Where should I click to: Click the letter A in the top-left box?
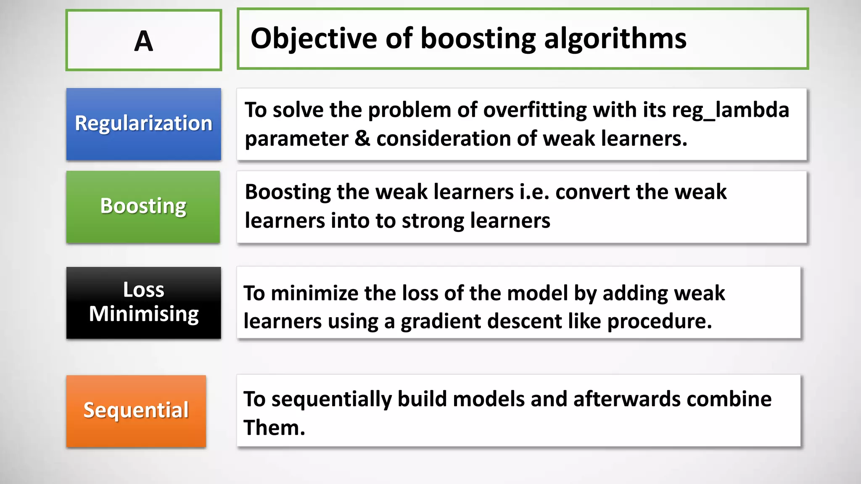coord(143,41)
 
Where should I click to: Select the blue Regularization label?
coord(143,124)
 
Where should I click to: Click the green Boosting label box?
coord(143,206)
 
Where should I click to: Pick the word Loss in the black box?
coord(143,289)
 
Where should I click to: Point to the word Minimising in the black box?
coord(144,314)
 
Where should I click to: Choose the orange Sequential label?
coord(136,410)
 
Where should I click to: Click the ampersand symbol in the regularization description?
coord(362,139)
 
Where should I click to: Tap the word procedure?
coord(660,321)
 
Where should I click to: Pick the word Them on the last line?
coord(274,428)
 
